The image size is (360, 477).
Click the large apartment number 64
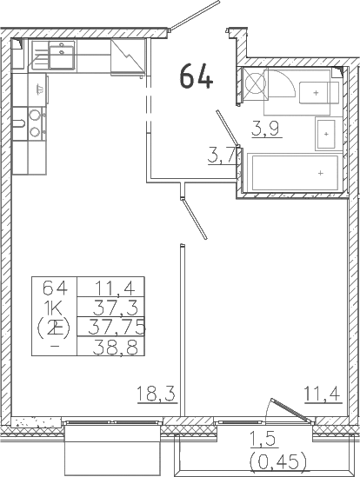click(197, 76)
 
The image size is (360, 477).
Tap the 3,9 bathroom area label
click(265, 129)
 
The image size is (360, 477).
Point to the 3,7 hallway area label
click(222, 156)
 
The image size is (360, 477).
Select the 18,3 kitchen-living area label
click(157, 394)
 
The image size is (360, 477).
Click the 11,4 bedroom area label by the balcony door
click(323, 394)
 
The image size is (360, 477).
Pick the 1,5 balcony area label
click(263, 440)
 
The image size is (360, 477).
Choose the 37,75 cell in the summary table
click(116, 327)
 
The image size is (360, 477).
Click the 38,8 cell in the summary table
click(116, 347)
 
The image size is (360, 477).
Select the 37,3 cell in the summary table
click(116, 308)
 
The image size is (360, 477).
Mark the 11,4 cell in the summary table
click(115, 288)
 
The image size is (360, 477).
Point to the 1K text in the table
click(54, 309)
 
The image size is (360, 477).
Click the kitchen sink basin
click(62, 55)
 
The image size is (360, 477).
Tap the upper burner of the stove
click(35, 115)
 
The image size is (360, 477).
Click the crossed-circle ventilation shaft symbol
click(256, 83)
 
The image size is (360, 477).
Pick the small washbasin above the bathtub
click(325, 134)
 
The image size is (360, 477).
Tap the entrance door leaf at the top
click(195, 16)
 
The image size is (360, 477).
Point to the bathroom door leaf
click(227, 128)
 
